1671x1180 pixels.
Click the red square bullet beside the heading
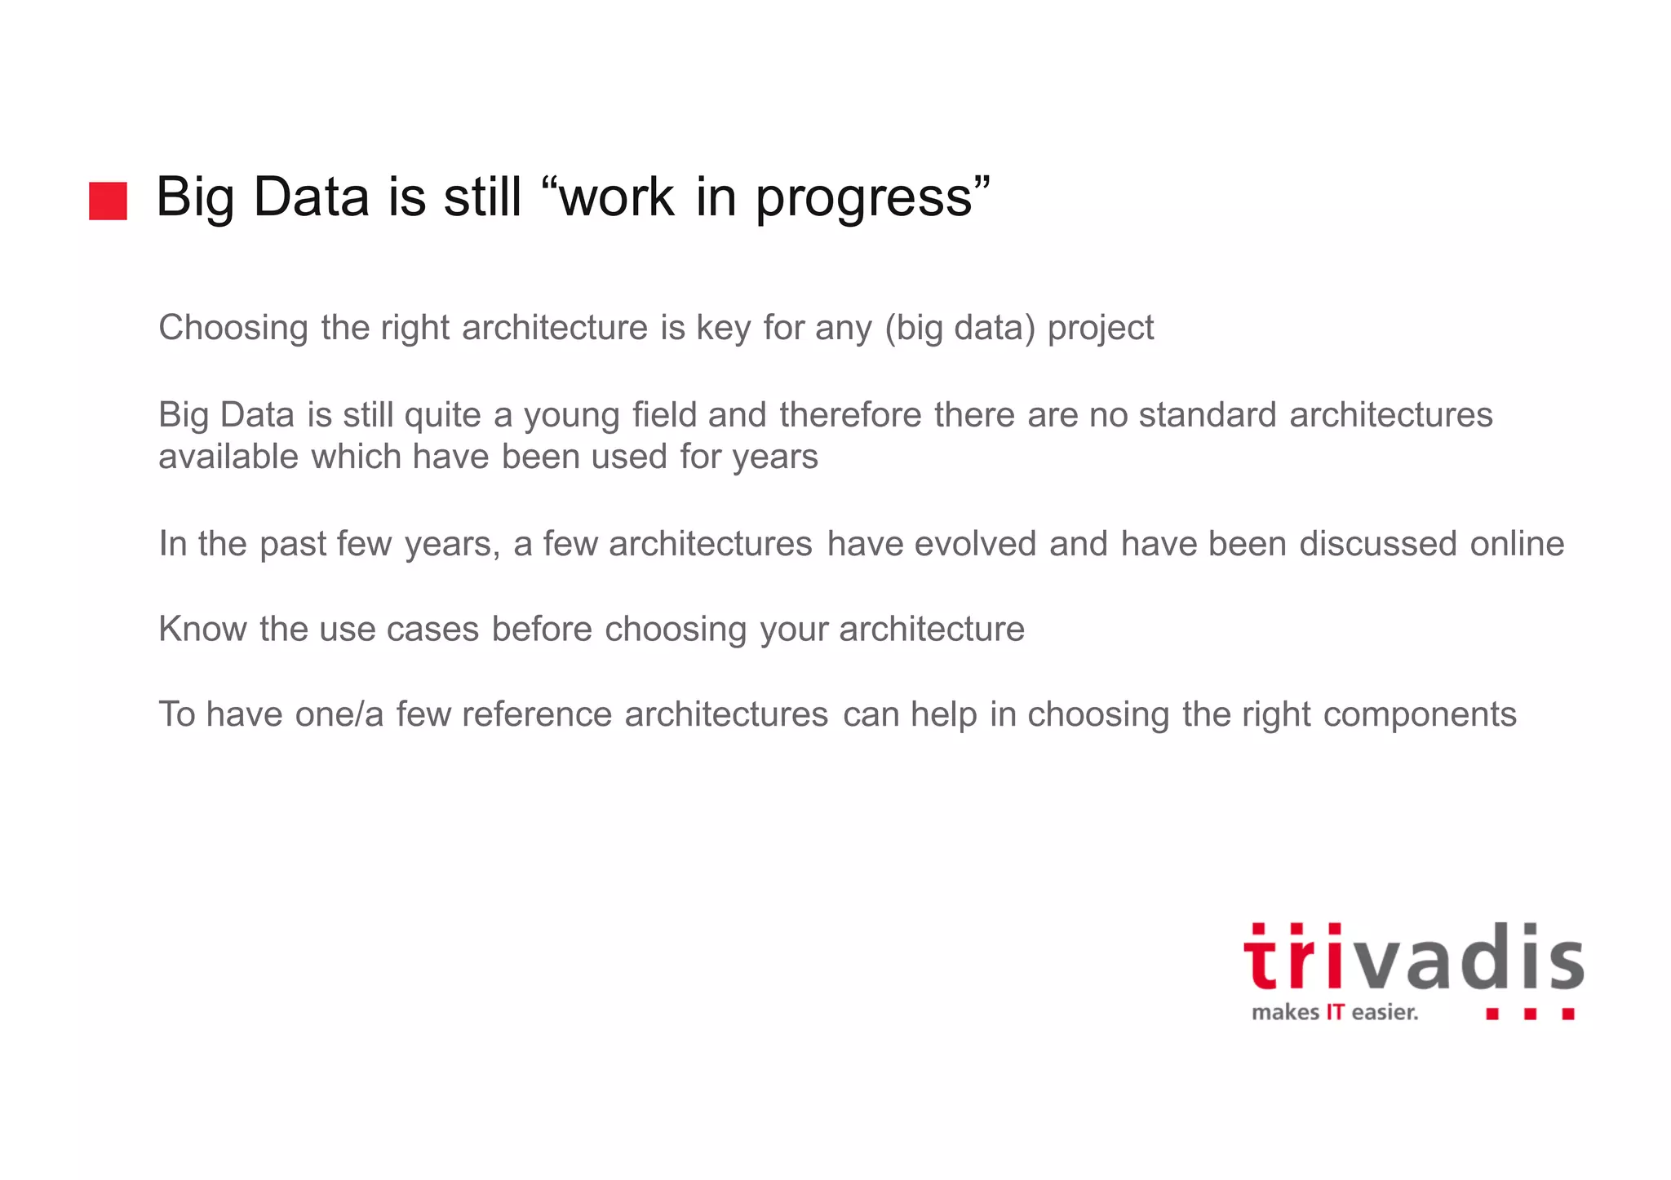coord(108,201)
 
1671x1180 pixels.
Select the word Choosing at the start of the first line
coord(233,329)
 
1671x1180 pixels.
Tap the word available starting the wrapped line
coord(228,457)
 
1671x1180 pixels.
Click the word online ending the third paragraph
coord(1517,544)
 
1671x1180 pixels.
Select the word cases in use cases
coord(432,630)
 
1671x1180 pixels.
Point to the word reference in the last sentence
coord(536,714)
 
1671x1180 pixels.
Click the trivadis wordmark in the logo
coord(1413,960)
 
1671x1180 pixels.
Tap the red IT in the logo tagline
coord(1335,1013)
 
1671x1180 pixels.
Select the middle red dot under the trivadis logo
coord(1531,1014)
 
